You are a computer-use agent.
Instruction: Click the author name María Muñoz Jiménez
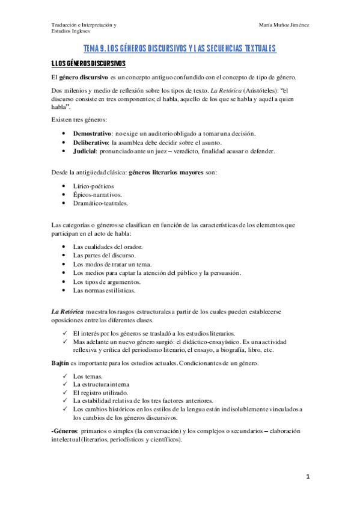pos(284,25)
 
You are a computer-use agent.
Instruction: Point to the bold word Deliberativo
pos(91,142)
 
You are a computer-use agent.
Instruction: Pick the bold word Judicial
pos(85,152)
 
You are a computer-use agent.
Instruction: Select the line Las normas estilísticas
pos(104,290)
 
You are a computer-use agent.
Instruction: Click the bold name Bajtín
pos(61,364)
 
